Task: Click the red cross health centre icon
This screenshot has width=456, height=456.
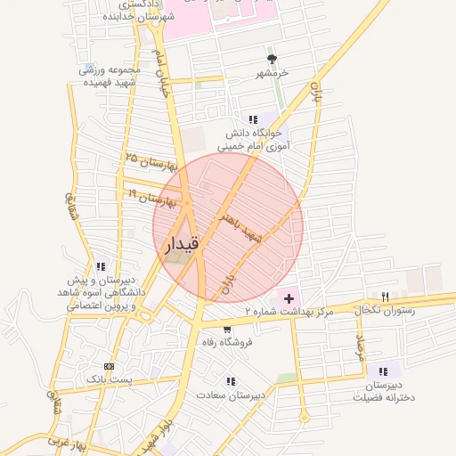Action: pyautogui.click(x=289, y=297)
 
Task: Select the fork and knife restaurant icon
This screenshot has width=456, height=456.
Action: pyautogui.click(x=385, y=297)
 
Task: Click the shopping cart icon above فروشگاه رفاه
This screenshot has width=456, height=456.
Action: pyautogui.click(x=228, y=329)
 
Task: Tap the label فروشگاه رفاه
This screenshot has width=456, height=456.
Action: pyautogui.click(x=227, y=342)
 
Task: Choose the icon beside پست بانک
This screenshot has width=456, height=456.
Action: pyautogui.click(x=110, y=366)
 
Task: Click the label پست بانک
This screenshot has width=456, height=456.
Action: pyautogui.click(x=109, y=379)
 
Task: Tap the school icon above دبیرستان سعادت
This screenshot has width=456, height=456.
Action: pyautogui.click(x=231, y=381)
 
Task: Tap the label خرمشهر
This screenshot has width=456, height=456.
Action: pyautogui.click(x=272, y=73)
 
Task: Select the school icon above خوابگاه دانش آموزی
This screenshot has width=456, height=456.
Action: pyautogui.click(x=253, y=119)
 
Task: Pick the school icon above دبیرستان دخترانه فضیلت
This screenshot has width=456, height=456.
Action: pyautogui.click(x=383, y=371)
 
